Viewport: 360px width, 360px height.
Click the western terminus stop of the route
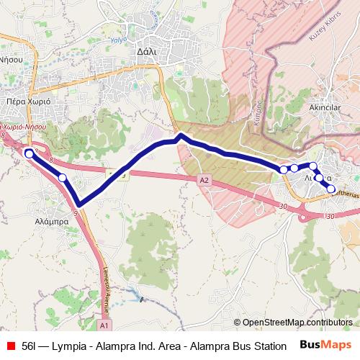click(x=29, y=153)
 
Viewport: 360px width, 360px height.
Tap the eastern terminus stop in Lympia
click(x=331, y=189)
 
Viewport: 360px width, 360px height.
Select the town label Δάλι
click(x=146, y=52)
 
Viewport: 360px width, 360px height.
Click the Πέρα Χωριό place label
click(x=27, y=102)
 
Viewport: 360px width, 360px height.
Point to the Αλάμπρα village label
click(x=51, y=222)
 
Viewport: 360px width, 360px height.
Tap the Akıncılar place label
click(x=323, y=107)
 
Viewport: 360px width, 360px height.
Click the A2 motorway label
click(x=204, y=180)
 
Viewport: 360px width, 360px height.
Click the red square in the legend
click(x=9, y=346)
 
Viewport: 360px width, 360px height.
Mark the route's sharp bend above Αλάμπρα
click(x=78, y=204)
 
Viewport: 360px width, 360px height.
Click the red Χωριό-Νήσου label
click(x=27, y=126)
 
